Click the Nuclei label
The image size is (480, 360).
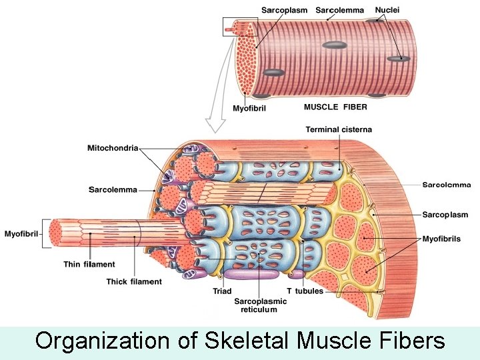click(x=387, y=10)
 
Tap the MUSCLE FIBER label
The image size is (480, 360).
click(x=335, y=107)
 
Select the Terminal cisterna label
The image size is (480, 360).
click(x=339, y=129)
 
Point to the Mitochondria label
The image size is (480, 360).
click(x=113, y=148)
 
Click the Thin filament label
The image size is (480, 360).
click(x=89, y=265)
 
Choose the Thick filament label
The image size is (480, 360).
click(x=134, y=282)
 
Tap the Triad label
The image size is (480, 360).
click(x=222, y=291)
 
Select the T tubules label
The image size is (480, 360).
click(x=305, y=291)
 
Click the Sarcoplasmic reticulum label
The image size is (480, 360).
click(x=261, y=305)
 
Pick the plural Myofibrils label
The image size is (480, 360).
click(x=441, y=239)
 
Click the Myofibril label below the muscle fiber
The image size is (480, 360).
click(x=248, y=108)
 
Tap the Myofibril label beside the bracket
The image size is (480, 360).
click(x=21, y=234)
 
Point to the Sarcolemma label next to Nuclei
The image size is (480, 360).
click(x=340, y=10)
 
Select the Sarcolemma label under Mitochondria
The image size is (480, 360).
click(x=113, y=190)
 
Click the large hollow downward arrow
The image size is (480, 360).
click(x=217, y=120)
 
